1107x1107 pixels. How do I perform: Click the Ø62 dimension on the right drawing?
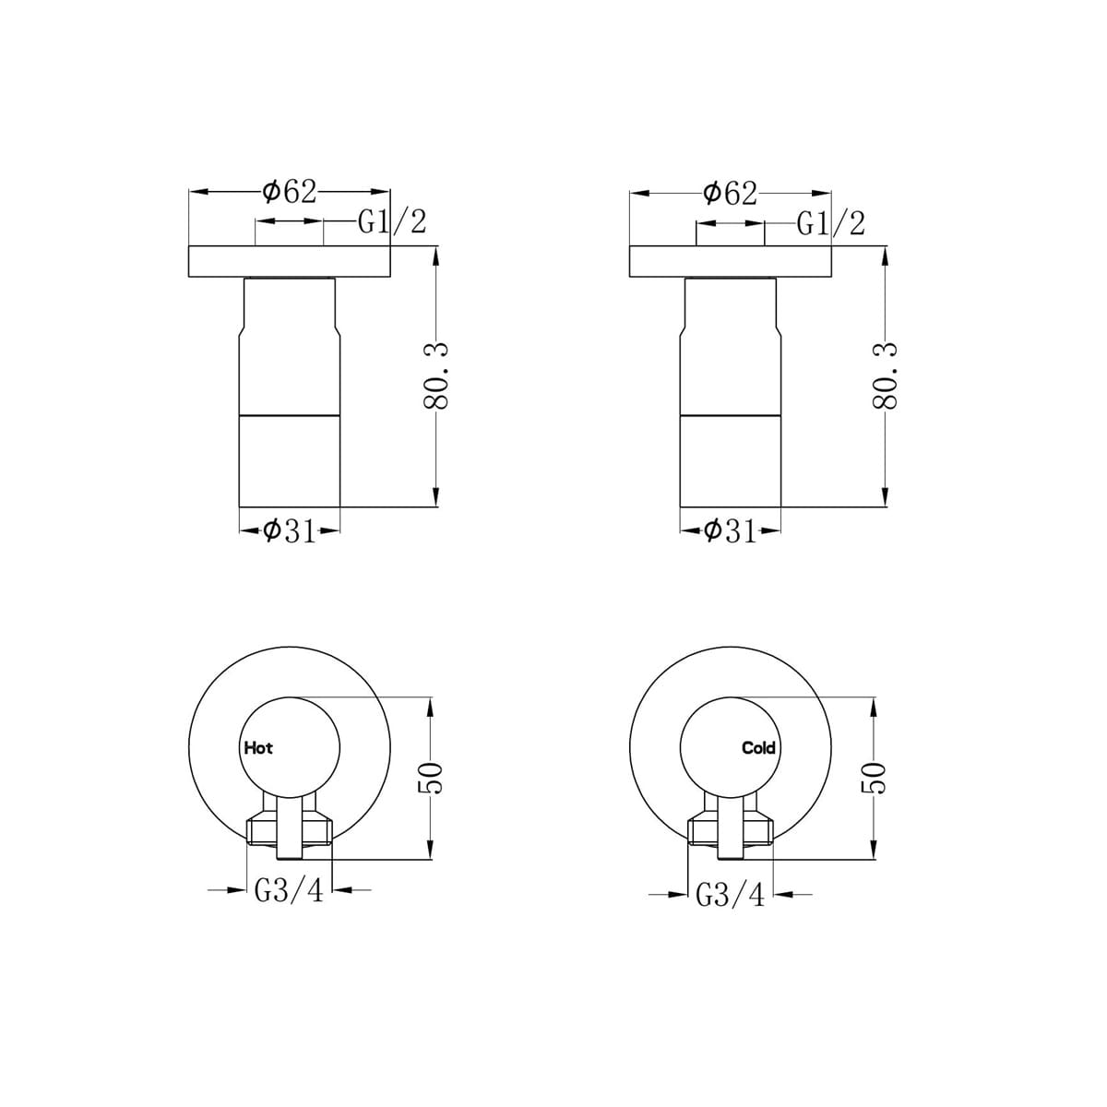tap(730, 194)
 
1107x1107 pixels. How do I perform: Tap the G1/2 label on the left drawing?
tap(392, 221)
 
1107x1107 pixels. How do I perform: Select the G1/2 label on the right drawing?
tap(830, 223)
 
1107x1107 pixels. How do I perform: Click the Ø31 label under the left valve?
tap(290, 531)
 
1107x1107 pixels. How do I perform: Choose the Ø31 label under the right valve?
tap(730, 531)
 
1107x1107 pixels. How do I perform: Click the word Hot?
tap(258, 748)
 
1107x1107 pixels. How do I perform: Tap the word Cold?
tap(758, 748)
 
